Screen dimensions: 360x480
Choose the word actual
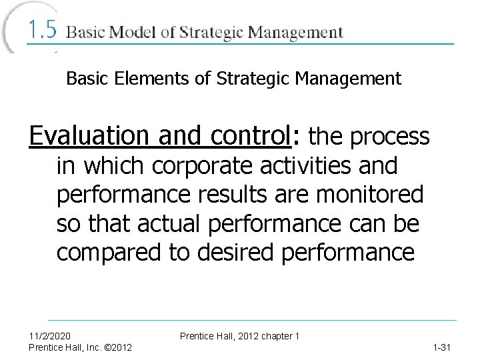pos(161,225)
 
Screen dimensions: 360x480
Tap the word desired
pos(232,254)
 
